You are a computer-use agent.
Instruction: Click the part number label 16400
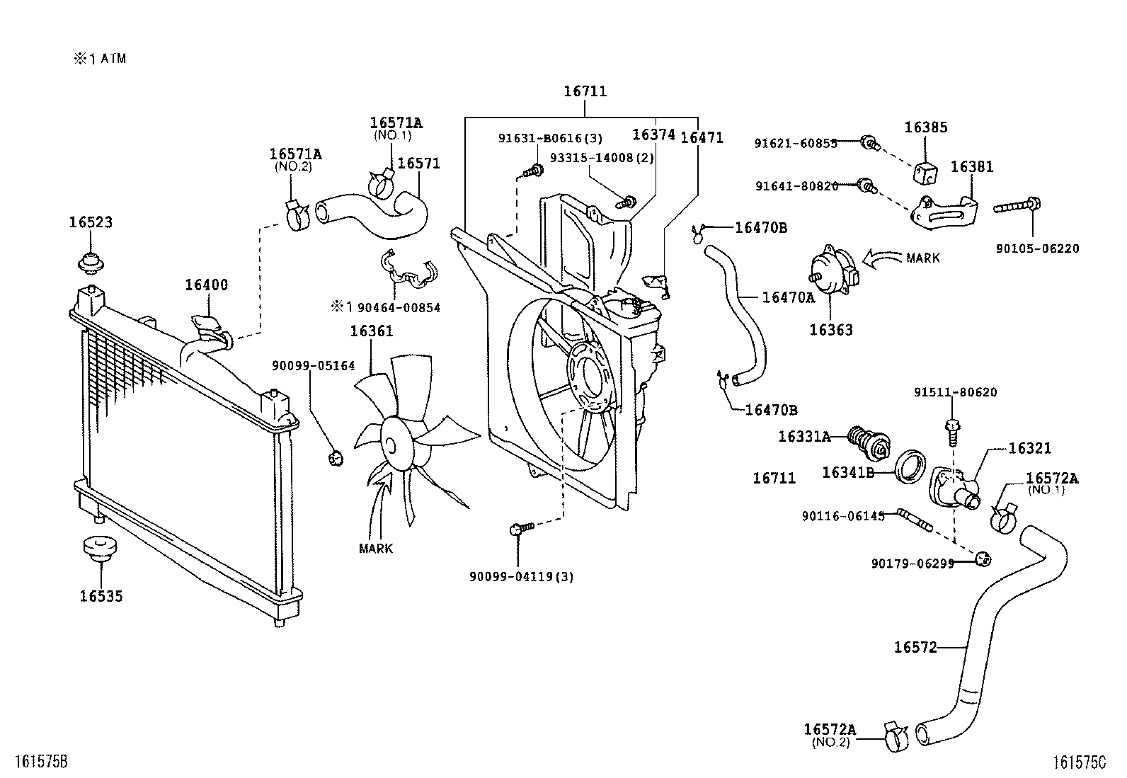(206, 285)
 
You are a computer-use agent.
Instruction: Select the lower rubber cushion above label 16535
(100, 547)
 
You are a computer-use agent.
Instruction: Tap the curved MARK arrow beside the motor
(881, 260)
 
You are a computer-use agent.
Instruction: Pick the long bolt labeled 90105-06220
(1018, 207)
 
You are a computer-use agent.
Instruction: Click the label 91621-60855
(796, 144)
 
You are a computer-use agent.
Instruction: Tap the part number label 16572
(915, 647)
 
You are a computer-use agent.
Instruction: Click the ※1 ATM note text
(100, 59)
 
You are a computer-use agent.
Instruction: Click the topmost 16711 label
(585, 91)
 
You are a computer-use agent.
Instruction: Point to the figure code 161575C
(1079, 762)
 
